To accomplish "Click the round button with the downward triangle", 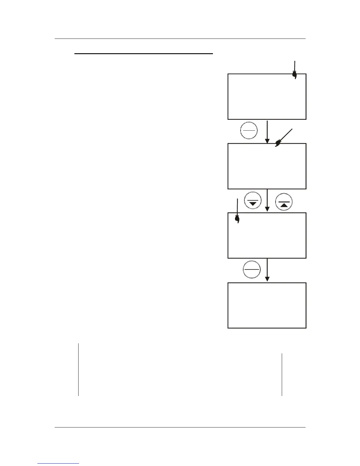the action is coord(253,201).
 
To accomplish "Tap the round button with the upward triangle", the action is coord(284,203).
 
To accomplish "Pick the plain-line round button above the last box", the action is coord(252,269).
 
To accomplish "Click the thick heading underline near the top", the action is coord(144,54).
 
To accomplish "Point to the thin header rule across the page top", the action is coord(180,39).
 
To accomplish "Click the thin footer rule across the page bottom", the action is coord(180,427).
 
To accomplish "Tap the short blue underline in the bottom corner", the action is coord(58,463).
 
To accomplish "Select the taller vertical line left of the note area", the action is coord(79,369).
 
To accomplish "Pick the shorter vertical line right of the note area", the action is coord(282,375).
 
